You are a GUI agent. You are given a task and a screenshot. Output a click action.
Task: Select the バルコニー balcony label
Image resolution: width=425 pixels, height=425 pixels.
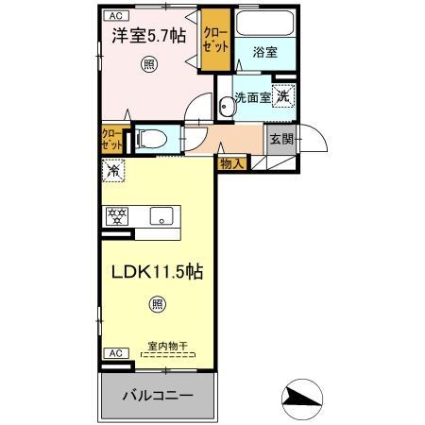pos(158,395)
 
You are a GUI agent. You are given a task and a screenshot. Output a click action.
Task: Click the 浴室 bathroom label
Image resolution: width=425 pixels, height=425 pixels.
pos(263,53)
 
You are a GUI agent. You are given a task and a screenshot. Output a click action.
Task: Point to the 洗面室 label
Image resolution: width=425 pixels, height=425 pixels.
pos(252,96)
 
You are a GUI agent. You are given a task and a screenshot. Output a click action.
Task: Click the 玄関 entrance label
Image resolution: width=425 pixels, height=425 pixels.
pos(280,139)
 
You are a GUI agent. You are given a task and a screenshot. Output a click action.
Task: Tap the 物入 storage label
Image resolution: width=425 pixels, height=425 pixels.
pos(231,163)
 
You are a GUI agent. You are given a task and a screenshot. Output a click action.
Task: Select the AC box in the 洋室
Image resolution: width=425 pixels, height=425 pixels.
pos(113,16)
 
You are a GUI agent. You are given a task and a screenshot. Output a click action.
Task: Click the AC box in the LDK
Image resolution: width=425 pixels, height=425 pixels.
pos(113,352)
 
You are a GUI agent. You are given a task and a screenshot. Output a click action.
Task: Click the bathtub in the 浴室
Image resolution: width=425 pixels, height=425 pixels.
pos(263,25)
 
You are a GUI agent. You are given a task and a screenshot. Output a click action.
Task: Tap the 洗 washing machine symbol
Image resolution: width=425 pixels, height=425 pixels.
pos(284,95)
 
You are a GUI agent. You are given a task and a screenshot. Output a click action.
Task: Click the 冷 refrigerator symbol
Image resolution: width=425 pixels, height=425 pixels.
pos(112,173)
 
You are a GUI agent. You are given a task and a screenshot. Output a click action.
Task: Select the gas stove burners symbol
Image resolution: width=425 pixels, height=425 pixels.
pos(117,214)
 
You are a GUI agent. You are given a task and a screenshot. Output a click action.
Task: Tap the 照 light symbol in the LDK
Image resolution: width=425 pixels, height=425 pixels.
pos(157,304)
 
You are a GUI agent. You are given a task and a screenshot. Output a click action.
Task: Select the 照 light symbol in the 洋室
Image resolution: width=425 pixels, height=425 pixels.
pos(148,64)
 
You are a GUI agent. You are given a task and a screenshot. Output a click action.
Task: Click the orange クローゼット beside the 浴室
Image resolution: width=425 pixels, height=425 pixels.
pos(214,39)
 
